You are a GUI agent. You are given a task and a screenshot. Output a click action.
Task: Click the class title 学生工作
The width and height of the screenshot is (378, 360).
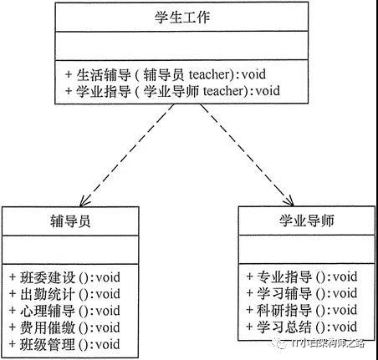182,18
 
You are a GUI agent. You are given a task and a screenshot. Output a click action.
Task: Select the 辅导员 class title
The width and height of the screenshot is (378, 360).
70,221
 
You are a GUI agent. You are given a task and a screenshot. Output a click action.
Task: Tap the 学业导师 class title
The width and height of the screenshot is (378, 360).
307,221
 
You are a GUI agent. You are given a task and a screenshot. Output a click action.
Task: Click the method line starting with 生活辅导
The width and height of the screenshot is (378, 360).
166,74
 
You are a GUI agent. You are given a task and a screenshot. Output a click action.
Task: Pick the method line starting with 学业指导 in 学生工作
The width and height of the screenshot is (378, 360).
172,91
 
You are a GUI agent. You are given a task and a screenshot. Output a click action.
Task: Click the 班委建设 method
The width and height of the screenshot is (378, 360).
64,277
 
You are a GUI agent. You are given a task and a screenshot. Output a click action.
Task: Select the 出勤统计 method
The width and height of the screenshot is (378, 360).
64,294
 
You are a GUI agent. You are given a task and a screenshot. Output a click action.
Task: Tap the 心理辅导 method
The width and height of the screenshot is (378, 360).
64,311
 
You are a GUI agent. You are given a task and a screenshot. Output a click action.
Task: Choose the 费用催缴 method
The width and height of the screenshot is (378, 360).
64,327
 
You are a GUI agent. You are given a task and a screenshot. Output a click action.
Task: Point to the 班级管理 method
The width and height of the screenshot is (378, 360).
64,344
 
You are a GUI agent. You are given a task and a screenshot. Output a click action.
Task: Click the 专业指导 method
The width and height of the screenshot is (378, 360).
302,276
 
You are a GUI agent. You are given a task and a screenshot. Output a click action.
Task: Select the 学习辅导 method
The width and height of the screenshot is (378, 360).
302,293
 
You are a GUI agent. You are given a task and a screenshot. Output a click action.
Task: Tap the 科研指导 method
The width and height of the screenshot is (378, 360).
302,310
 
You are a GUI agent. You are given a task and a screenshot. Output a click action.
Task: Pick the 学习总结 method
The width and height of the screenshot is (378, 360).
302,327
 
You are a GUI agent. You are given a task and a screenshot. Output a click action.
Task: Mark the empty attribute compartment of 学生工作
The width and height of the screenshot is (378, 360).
181,45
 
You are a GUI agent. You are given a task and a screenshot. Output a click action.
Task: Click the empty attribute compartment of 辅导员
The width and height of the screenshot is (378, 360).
70,250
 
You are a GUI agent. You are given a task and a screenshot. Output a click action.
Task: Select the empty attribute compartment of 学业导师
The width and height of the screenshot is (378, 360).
307,249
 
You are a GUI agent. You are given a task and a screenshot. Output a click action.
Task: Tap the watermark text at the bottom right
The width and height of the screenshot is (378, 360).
319,343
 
